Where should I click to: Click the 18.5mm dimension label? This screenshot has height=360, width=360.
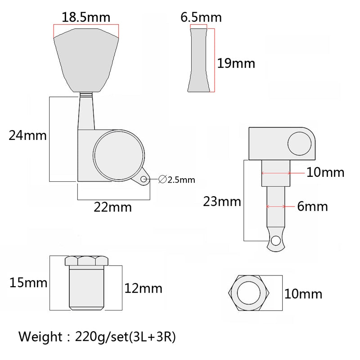click(x=86, y=18)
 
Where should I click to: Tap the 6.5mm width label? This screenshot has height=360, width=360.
click(x=201, y=18)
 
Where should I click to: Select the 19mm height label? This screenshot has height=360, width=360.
click(x=236, y=63)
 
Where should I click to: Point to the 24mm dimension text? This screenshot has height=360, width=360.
click(x=27, y=135)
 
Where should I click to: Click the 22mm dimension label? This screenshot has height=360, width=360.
click(x=113, y=207)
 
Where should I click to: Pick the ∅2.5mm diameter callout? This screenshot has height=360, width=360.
click(x=177, y=180)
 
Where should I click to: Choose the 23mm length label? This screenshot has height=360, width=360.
click(x=222, y=202)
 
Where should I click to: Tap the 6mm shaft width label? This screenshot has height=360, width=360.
click(x=312, y=206)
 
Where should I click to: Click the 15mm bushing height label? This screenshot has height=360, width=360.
click(x=28, y=283)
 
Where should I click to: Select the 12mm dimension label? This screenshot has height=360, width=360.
click(x=143, y=288)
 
